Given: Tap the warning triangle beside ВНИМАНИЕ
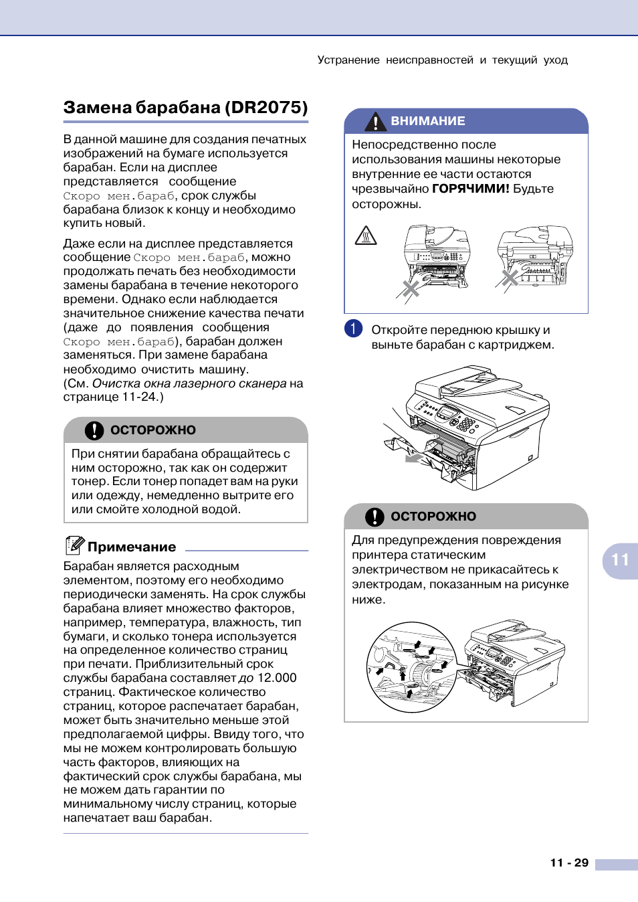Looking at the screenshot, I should click(376, 121).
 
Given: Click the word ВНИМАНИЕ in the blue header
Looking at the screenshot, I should click(428, 121).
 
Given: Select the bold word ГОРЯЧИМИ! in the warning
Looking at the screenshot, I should click(471, 189).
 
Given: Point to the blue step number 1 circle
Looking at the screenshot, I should click(354, 329).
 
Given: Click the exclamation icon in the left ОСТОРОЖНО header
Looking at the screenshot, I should click(94, 430).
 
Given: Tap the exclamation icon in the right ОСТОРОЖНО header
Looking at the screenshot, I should click(375, 517).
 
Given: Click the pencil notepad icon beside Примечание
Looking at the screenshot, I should click(74, 545).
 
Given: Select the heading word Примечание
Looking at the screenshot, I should click(132, 547).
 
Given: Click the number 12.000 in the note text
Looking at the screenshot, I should click(277, 678).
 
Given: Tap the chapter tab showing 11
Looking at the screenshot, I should click(620, 560).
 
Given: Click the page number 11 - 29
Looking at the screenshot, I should click(569, 863).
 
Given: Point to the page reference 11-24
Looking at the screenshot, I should click(140, 397).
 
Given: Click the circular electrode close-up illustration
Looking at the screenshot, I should click(411, 667).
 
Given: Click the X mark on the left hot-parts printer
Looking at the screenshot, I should click(411, 289).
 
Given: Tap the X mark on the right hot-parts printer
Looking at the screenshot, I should click(510, 278).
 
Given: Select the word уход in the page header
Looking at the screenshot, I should click(556, 60).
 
